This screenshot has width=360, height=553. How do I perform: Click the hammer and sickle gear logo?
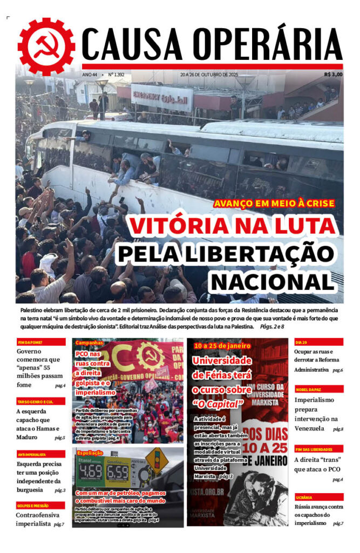46,46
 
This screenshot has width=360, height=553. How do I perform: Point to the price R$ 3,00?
333,75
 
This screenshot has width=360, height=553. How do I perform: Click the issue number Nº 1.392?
116,75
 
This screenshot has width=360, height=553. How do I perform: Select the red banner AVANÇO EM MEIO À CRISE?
274,204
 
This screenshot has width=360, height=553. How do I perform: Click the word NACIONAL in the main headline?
271,281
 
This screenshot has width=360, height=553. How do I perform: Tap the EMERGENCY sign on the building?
161,99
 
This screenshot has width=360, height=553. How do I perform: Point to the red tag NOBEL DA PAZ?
308,389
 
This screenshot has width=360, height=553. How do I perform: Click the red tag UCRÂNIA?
304,497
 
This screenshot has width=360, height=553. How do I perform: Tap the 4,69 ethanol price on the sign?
91,471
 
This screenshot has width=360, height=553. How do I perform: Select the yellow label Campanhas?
89,343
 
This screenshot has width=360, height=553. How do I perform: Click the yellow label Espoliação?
90,453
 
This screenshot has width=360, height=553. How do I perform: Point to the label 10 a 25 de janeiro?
222,345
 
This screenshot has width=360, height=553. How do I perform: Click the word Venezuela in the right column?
309,428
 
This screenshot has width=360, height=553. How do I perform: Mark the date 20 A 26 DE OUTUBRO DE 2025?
209,75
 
